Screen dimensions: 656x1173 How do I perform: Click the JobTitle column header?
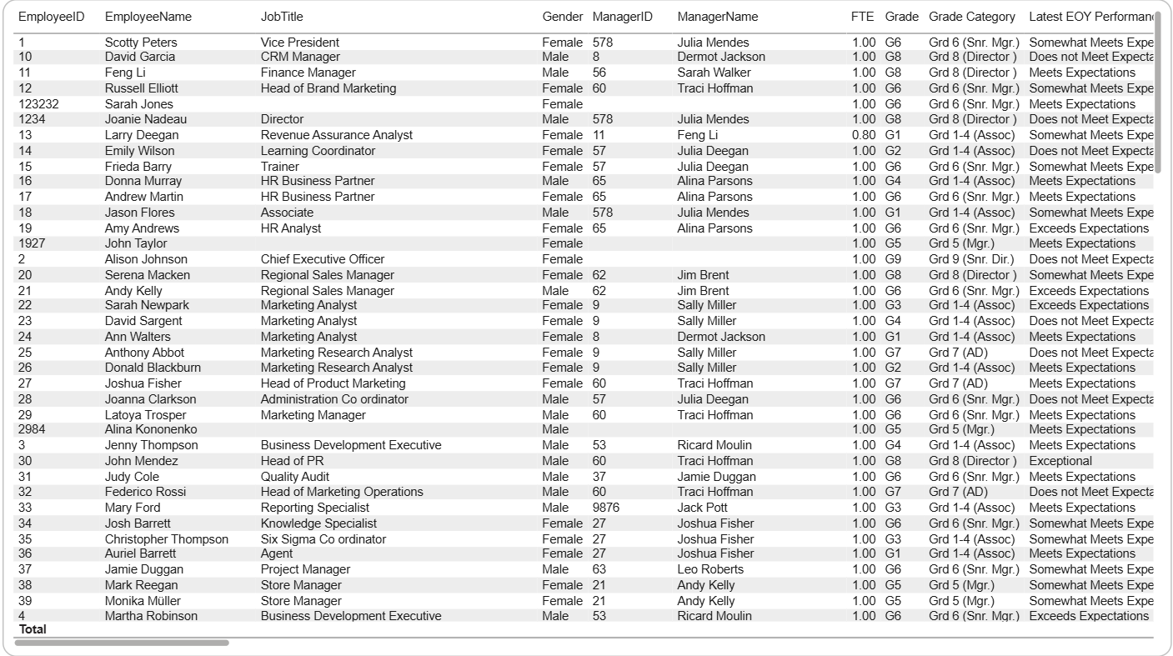(x=282, y=17)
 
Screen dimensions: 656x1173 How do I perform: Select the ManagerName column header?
(x=717, y=17)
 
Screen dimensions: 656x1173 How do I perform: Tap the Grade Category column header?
(x=972, y=17)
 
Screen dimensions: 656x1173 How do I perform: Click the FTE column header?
(x=863, y=17)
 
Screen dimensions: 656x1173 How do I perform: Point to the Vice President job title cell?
(x=300, y=43)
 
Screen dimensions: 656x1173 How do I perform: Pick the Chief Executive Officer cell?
(x=323, y=259)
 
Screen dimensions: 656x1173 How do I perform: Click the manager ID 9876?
(x=606, y=508)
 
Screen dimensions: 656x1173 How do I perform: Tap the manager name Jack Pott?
(x=702, y=508)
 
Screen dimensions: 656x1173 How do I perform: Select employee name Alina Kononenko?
(x=151, y=429)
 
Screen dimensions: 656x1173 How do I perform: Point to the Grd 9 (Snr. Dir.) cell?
(x=971, y=259)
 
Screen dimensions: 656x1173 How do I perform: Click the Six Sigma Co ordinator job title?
(x=323, y=539)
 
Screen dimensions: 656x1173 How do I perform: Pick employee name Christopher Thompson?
(x=166, y=539)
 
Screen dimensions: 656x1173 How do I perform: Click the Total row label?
(x=33, y=629)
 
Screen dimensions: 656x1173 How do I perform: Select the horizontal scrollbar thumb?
(x=122, y=643)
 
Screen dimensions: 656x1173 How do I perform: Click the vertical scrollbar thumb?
(x=1157, y=92)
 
